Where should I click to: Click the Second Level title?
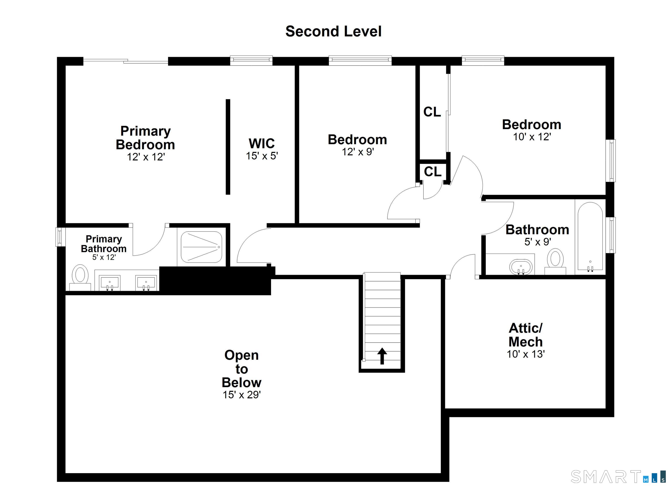click(x=334, y=31)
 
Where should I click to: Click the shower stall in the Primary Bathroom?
click(x=201, y=247)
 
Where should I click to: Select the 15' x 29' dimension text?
click(x=242, y=395)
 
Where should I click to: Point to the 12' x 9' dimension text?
click(x=358, y=152)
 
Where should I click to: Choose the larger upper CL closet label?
click(x=432, y=112)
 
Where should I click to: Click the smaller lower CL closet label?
click(x=432, y=171)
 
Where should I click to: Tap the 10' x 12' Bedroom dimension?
click(x=532, y=137)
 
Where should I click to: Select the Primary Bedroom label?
click(x=145, y=138)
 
